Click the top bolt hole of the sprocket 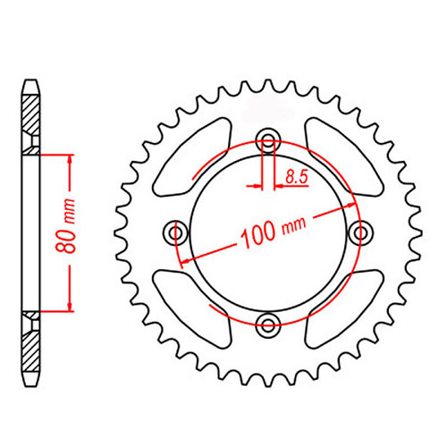[267, 140]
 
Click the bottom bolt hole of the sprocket [267, 324]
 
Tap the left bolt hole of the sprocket [175, 232]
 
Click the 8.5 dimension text [298, 179]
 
